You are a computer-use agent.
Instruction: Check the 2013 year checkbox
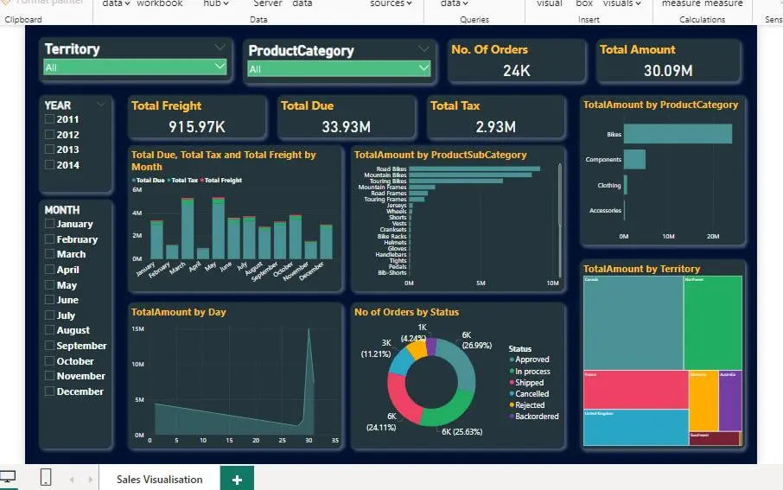tap(50, 150)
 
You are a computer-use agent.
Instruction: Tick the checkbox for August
tap(50, 330)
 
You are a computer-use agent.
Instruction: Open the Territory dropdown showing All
tap(135, 67)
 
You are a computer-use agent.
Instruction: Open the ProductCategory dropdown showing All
tap(339, 68)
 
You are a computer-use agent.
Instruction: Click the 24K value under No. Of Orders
tap(516, 70)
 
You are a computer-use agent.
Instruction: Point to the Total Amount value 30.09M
tap(667, 70)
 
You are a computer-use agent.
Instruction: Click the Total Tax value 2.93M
tap(495, 127)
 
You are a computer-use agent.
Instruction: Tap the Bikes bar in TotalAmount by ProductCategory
tap(678, 134)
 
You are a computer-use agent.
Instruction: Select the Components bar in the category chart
tap(634, 160)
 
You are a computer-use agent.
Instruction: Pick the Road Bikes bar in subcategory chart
tap(474, 169)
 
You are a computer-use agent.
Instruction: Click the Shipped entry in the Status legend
tap(529, 382)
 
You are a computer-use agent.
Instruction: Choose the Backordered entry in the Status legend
tap(536, 416)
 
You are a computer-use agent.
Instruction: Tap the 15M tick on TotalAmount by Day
tap(138, 329)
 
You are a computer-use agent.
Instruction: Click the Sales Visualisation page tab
tap(159, 479)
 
